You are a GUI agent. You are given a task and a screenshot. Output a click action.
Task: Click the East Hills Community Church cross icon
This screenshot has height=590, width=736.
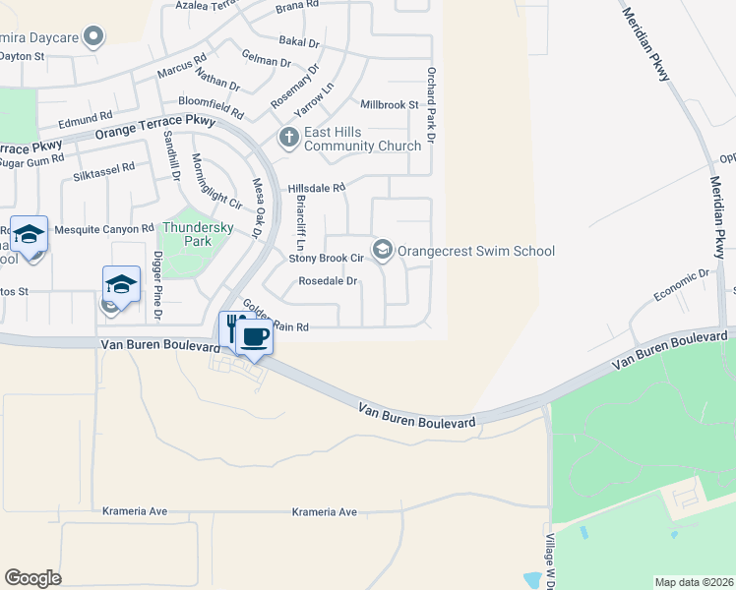(x=289, y=139)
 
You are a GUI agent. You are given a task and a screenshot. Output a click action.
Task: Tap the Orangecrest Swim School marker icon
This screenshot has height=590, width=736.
(x=382, y=250)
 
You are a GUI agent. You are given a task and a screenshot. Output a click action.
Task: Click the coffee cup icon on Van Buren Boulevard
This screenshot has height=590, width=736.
(x=254, y=337)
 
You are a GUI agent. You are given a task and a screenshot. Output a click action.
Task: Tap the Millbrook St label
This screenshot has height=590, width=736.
(x=390, y=104)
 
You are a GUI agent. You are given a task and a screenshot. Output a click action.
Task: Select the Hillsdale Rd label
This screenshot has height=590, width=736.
(x=317, y=188)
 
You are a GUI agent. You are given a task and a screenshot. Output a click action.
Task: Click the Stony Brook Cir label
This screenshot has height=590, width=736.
(x=327, y=259)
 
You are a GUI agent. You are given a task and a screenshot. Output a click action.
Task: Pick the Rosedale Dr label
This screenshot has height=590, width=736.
(x=327, y=281)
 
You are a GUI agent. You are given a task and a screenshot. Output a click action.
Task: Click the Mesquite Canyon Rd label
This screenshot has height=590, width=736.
(x=104, y=229)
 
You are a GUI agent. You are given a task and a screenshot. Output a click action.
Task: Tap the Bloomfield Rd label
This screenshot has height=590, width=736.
(x=211, y=102)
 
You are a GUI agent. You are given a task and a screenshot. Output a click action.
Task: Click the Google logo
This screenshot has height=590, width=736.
(x=33, y=578)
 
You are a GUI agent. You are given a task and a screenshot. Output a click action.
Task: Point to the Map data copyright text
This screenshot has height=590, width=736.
(x=694, y=582)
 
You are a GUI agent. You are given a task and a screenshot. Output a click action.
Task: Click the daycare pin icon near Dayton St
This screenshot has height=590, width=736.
(x=94, y=37)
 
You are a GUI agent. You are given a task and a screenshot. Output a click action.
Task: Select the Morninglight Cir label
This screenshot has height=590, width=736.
(x=216, y=182)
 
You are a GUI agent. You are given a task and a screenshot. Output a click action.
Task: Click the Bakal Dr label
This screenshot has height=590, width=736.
(x=300, y=42)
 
